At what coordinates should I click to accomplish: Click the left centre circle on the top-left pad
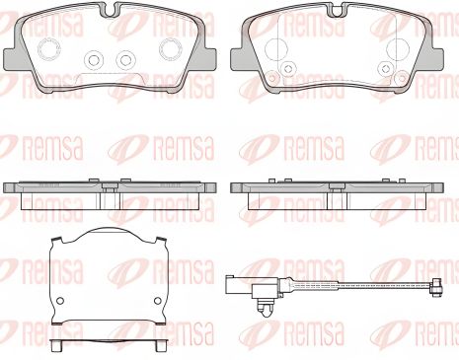coord(94,60)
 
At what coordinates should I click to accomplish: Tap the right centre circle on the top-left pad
coord(125,60)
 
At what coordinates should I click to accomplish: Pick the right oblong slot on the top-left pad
coord(171,49)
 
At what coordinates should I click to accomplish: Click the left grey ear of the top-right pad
coord(240,56)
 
